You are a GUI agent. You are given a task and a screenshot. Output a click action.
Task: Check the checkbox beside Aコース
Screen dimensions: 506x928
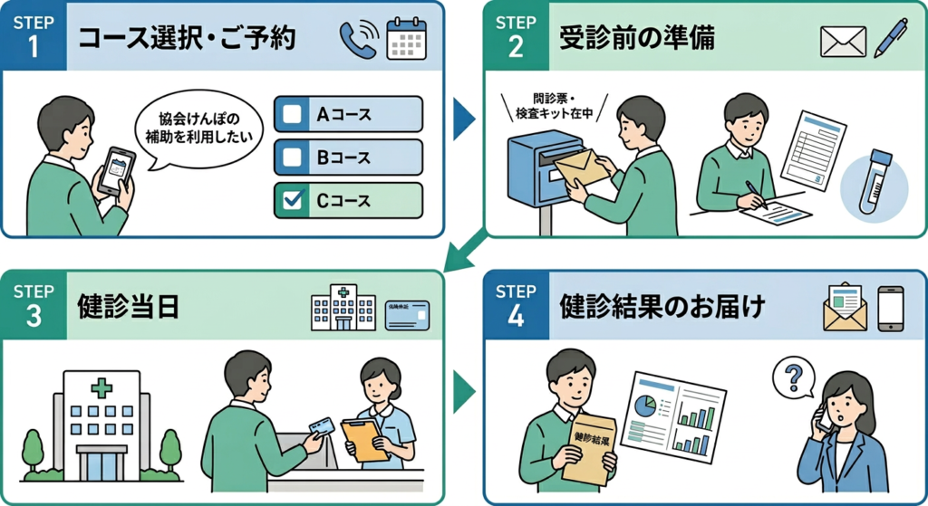pyautogui.click(x=293, y=115)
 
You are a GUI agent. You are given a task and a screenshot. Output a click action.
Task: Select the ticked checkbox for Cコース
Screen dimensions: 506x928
pyautogui.click(x=293, y=201)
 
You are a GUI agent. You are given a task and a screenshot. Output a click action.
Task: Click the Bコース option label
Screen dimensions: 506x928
pyautogui.click(x=343, y=158)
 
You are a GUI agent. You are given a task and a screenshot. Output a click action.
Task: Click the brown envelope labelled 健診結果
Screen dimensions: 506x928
pyautogui.click(x=590, y=448)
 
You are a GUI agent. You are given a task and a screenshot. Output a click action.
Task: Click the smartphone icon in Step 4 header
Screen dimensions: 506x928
pyautogui.click(x=891, y=308)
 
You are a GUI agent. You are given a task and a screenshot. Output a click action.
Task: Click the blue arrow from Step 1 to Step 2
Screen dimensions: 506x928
pyautogui.click(x=463, y=119)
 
